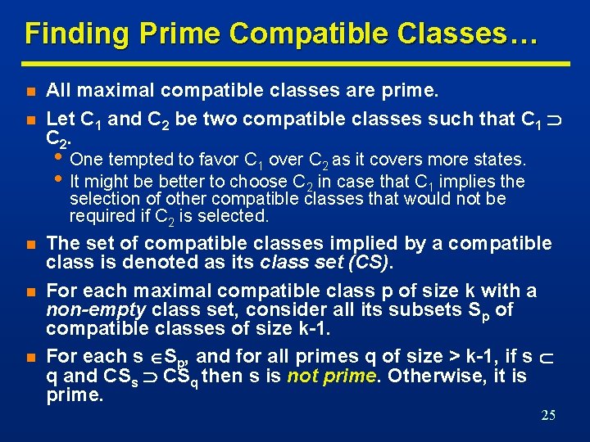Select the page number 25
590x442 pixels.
pos(548,416)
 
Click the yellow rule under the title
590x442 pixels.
pos(295,63)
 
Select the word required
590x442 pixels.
pos(98,216)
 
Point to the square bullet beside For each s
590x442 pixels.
pos(29,357)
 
